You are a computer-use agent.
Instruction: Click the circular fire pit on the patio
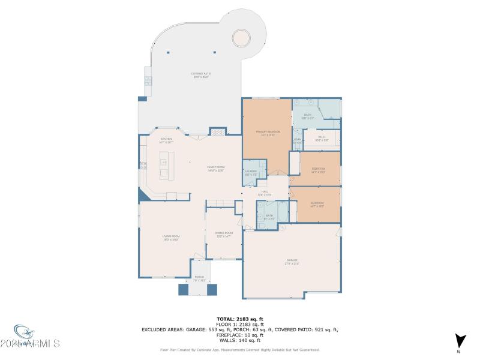pyautogui.click(x=242, y=37)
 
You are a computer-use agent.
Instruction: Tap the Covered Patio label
pyautogui.click(x=202, y=75)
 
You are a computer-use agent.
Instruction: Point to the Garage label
pyautogui.click(x=292, y=262)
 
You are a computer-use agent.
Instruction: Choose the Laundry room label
pyautogui.click(x=251, y=173)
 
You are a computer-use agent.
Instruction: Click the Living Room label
pyautogui.click(x=171, y=238)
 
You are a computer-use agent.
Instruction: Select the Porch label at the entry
pyautogui.click(x=199, y=279)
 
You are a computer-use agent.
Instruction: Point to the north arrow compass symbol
pyautogui.click(x=459, y=340)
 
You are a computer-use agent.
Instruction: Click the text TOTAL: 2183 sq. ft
pyautogui.click(x=240, y=319)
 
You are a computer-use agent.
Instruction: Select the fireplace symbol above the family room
pyautogui.click(x=218, y=131)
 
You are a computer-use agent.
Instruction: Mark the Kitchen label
pyautogui.click(x=166, y=141)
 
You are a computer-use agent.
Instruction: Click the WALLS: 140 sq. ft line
pyautogui.click(x=240, y=340)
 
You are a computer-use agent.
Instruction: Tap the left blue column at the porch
pyautogui.click(x=184, y=289)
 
